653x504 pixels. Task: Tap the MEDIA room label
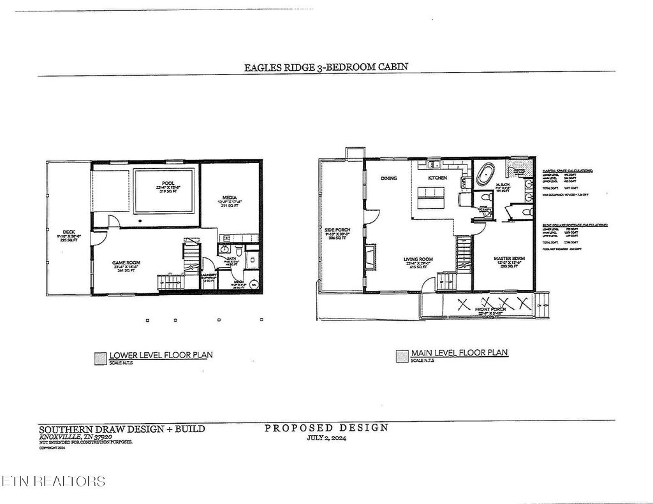230,198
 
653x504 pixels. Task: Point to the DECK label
69,232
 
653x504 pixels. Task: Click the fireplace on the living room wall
369,257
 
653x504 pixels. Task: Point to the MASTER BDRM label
509,259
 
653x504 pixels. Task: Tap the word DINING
389,178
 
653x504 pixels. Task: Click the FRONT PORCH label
489,310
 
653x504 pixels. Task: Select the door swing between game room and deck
98,237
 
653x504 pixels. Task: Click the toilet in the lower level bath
238,250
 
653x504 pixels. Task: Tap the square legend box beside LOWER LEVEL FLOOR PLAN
99,358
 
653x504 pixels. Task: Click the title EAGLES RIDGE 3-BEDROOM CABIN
326,66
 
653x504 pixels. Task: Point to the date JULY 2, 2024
326,438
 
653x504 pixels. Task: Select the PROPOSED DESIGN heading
326,428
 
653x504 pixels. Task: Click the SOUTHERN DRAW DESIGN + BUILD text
122,429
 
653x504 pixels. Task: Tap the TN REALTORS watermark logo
54,480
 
